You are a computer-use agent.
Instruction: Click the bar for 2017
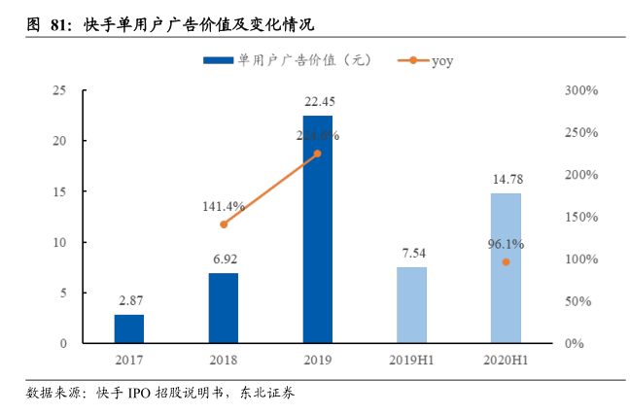[128, 328]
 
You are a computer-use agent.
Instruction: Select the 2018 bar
[223, 308]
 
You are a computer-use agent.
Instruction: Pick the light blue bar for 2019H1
[411, 305]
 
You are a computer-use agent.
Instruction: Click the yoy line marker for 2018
[223, 224]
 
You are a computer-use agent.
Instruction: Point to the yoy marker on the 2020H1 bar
[506, 262]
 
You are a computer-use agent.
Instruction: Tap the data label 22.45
[319, 101]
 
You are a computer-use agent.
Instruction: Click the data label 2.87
[129, 300]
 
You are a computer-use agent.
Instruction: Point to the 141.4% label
[223, 206]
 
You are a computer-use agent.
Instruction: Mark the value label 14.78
[507, 179]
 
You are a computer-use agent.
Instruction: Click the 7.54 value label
[412, 253]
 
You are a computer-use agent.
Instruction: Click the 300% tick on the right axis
[580, 90]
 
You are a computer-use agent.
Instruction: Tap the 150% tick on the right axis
[580, 217]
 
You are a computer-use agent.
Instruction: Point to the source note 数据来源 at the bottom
[160, 393]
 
